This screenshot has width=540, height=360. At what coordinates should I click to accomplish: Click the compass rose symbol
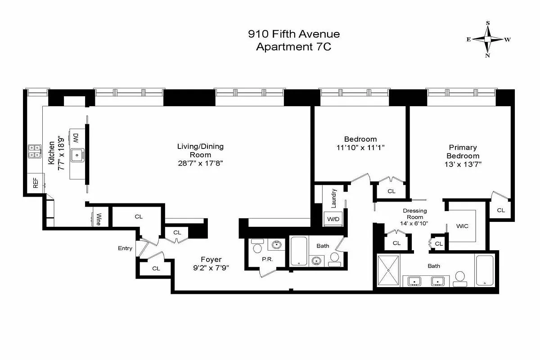coord(488,39)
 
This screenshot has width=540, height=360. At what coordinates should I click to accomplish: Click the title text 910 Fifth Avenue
coord(294,34)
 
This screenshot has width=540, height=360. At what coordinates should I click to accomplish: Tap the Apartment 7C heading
coord(294,46)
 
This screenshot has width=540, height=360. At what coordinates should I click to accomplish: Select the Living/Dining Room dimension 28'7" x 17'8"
coord(200,163)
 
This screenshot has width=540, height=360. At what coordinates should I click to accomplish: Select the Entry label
coord(125,248)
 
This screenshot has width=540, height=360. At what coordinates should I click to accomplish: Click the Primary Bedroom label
coord(463,151)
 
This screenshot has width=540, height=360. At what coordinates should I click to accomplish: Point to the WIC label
coord(462,226)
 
